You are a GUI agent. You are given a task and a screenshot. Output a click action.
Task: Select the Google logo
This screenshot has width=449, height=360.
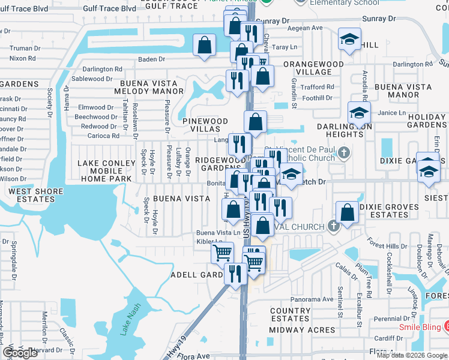coord(20,353)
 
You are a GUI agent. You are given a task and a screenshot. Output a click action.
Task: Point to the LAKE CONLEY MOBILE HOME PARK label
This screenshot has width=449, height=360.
coord(107,171)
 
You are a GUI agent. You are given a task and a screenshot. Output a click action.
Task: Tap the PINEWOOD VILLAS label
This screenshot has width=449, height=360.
coord(205,125)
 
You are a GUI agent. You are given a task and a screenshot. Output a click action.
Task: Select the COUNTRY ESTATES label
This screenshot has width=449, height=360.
coord(291,315)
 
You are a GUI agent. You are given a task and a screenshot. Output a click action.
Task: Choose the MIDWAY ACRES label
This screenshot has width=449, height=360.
coord(302,330)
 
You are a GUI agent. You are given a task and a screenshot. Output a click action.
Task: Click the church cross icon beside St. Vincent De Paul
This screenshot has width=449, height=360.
coord(343,153)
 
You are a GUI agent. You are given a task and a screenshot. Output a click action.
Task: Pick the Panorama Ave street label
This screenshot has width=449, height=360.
coord(311,299)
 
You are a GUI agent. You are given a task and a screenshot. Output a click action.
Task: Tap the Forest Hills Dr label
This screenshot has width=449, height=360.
coord(387,246)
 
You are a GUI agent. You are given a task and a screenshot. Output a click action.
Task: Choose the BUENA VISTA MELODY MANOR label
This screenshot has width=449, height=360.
coord(152,87)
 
